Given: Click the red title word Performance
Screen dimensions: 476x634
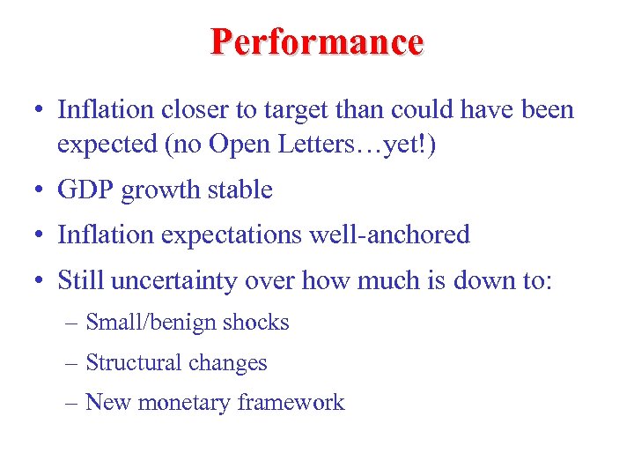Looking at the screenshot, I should click(317, 42).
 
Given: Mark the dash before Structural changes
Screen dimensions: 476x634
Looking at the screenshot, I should click(73, 363).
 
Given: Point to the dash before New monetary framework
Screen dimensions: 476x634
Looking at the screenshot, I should click(73, 404).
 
